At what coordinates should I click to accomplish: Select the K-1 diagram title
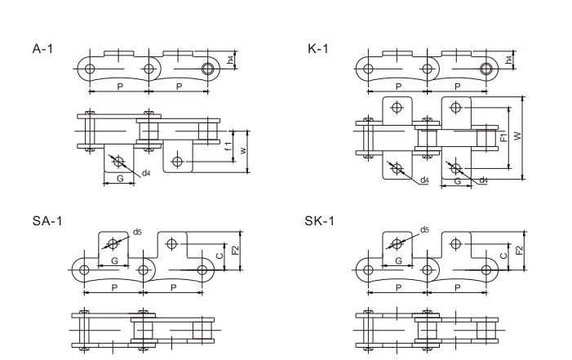(318, 50)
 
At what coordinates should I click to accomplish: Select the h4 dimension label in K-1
(509, 58)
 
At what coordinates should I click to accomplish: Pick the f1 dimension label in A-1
(228, 146)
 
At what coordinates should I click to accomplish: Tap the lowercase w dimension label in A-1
(242, 149)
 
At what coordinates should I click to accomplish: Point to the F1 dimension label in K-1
(503, 137)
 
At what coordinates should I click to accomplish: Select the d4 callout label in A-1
(146, 173)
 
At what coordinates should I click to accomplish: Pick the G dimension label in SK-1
(397, 260)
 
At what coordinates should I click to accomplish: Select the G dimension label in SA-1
(114, 260)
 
